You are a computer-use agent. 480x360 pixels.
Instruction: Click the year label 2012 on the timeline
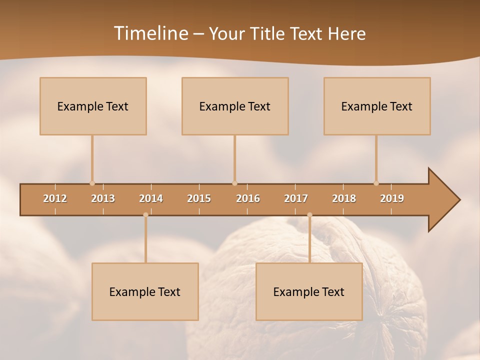point(55,198)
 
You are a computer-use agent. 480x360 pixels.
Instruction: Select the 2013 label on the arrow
point(103,198)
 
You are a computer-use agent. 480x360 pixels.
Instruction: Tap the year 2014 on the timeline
point(151,198)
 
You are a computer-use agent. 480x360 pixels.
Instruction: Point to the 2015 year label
point(199,198)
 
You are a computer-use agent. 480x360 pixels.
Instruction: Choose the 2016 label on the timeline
point(248,198)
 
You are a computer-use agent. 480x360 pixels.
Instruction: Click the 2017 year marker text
point(296,198)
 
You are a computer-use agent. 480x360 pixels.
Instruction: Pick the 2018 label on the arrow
point(344,198)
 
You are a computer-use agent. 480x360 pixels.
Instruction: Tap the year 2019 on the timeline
point(392,198)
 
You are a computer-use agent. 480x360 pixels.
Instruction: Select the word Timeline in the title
point(149,33)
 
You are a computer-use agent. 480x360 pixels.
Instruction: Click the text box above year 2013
point(93,106)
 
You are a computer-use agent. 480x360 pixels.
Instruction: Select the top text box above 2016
point(235,106)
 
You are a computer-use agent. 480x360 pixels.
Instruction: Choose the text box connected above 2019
point(377,106)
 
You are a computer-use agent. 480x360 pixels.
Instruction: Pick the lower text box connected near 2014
point(145,291)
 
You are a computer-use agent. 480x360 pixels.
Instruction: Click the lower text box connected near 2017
point(309,291)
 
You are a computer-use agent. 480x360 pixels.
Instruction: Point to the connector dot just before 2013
point(92,183)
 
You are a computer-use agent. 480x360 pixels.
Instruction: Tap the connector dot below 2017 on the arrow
point(309,215)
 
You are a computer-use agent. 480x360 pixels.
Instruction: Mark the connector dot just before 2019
point(376,183)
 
